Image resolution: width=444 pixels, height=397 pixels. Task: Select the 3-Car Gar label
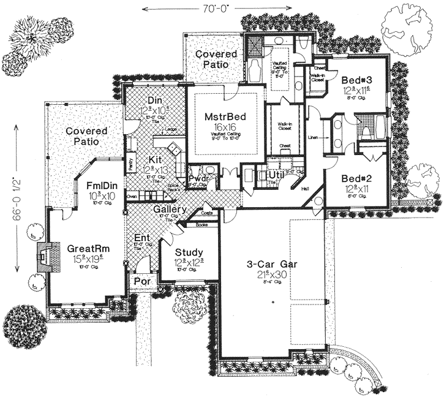pos(265,265)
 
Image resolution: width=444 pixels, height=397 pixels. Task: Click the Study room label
pos(189,252)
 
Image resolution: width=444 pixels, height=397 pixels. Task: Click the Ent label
pos(141,237)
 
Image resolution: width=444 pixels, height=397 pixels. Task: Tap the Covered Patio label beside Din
pos(216,58)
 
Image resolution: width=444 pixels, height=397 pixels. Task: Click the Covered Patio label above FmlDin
pos(86,136)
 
